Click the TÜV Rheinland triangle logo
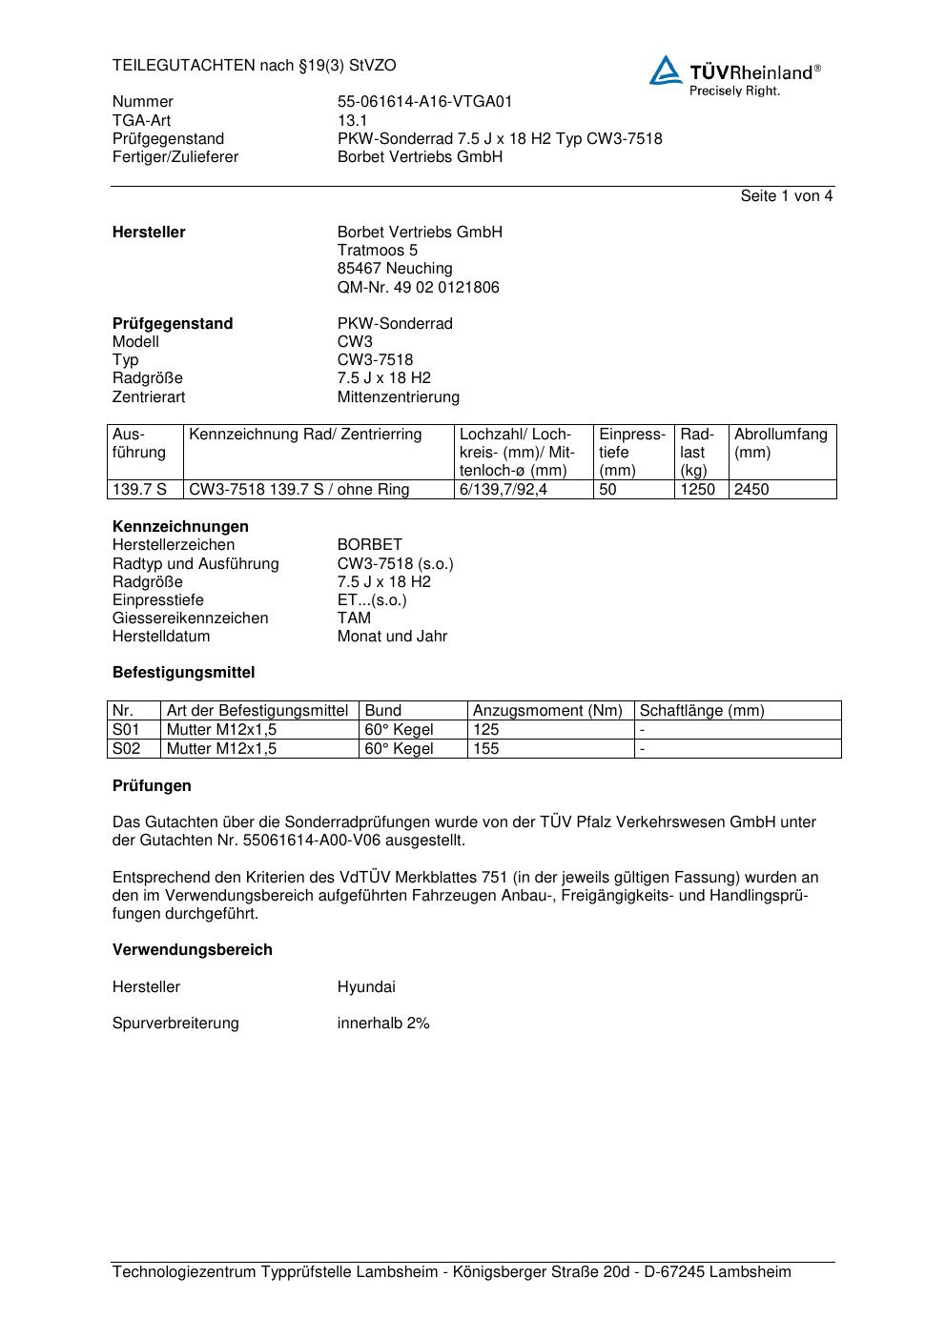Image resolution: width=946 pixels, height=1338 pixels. click(x=666, y=71)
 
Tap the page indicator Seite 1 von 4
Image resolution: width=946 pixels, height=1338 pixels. click(x=786, y=196)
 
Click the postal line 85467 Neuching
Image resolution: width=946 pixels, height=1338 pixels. click(x=395, y=269)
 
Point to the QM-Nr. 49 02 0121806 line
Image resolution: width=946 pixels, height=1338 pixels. click(x=418, y=288)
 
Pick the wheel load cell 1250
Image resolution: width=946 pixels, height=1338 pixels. click(x=697, y=490)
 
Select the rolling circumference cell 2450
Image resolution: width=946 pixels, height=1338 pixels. click(x=751, y=490)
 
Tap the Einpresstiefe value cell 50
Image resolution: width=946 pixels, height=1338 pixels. click(x=608, y=490)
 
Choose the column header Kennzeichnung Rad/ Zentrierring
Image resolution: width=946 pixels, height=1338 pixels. click(x=305, y=435)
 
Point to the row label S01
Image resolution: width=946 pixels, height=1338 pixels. click(x=127, y=730)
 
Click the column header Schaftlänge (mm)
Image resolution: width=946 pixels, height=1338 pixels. click(x=702, y=711)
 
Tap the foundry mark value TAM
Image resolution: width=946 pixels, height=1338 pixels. click(x=354, y=618)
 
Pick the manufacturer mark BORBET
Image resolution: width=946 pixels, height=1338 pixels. click(x=369, y=545)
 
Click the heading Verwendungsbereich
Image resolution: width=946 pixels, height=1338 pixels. click(x=193, y=950)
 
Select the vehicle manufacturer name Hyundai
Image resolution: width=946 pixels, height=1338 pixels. click(x=366, y=987)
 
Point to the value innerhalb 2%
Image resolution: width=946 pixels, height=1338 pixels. click(x=383, y=1024)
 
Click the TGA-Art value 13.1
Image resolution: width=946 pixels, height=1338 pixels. click(x=352, y=121)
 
